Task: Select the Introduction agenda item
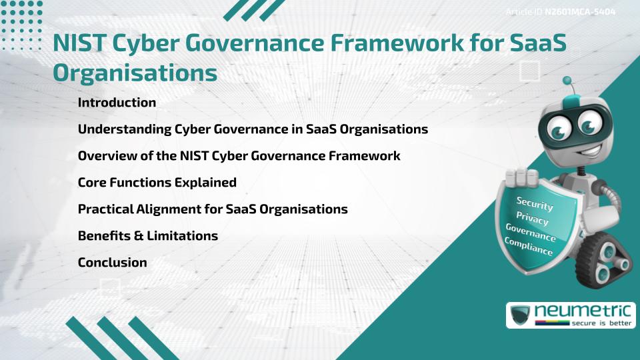click(x=117, y=103)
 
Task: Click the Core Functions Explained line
click(x=157, y=182)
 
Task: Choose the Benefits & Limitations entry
click(x=147, y=235)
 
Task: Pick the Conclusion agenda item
click(x=112, y=262)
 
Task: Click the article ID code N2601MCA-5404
click(x=579, y=12)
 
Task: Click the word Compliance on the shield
click(x=529, y=246)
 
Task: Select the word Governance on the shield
click(x=531, y=232)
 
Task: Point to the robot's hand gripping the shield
click(x=523, y=177)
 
